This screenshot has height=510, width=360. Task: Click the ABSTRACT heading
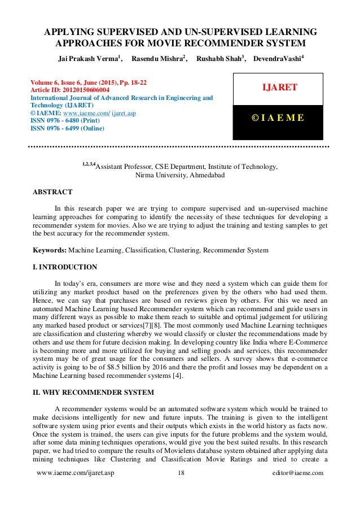[x=52, y=192]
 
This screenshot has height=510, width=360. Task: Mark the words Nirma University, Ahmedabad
[x=180, y=175]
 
